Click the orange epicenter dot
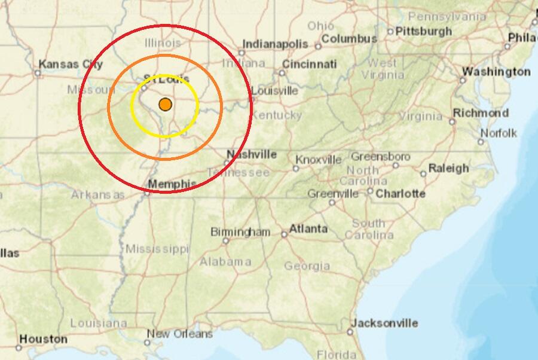pos(166,105)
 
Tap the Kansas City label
pos(71,64)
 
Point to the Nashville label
pos(252,154)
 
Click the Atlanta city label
pos(308,228)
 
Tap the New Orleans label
pos(179,334)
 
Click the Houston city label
pos(44,339)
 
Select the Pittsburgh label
pos(424,30)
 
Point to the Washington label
pos(496,71)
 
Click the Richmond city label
pos(481,112)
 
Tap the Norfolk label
pos(498,133)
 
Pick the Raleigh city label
pos(448,168)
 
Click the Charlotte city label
pos(401,193)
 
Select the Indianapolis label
pos(274,44)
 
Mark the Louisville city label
pos(275,91)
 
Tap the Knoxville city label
pos(319,160)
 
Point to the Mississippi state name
pos(157,248)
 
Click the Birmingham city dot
pos(225,241)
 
